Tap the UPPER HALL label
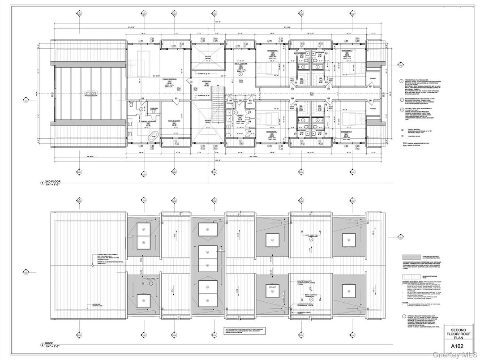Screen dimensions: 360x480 [206, 81]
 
